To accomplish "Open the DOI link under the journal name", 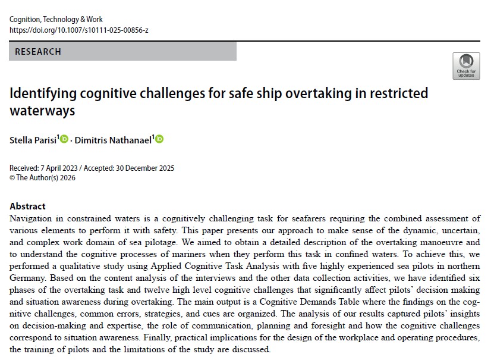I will coord(80,30).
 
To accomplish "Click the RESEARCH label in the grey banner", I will coord(38,52).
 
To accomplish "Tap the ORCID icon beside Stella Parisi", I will coord(64,139).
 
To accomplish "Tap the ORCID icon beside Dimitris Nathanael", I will coord(159,139).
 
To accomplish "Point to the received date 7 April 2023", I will coord(62,168).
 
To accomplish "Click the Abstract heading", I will coord(27,206).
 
